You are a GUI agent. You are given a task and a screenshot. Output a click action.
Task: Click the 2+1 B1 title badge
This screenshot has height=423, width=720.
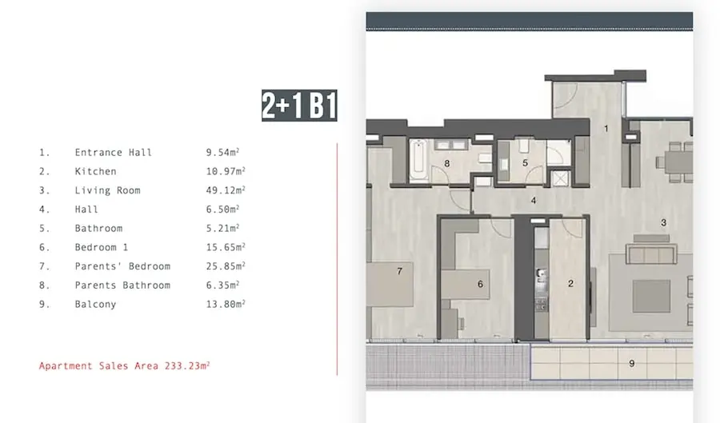point(299,106)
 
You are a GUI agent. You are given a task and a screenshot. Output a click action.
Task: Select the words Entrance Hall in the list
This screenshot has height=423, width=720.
point(113,152)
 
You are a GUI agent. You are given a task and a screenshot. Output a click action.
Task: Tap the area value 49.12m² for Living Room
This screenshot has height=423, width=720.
point(226,190)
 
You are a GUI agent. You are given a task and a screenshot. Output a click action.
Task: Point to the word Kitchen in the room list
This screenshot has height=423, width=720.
point(95,171)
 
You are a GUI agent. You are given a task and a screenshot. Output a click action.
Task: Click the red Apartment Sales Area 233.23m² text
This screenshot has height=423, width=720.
point(125,365)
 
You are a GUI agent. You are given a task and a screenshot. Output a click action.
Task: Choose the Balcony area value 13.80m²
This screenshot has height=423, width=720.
point(226,304)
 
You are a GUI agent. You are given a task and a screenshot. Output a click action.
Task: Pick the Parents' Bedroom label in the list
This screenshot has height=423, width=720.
point(122,266)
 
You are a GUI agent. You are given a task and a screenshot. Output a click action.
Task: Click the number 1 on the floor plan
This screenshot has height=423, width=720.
point(606,129)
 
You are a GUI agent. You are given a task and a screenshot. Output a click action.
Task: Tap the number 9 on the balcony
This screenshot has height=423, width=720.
point(632,363)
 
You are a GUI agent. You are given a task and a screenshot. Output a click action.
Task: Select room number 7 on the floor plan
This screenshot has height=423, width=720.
point(399,271)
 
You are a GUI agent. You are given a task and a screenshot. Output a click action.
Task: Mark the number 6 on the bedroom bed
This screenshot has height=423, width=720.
point(480,284)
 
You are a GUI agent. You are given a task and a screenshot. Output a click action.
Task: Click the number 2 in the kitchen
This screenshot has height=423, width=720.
point(570,284)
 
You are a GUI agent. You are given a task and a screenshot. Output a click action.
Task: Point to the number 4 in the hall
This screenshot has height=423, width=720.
point(534,201)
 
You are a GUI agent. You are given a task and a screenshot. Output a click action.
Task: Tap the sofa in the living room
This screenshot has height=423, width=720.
point(651,253)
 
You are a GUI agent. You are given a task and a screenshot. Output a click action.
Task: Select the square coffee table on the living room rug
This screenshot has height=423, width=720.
point(651,297)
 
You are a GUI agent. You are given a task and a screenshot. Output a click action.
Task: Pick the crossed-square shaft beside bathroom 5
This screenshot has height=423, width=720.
point(560,178)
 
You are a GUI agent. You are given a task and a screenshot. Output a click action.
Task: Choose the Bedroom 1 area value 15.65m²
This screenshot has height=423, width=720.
point(226,247)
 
